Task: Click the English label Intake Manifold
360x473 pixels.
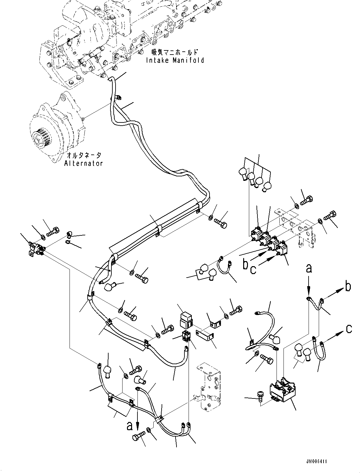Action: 175,60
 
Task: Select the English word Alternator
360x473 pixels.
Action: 83,163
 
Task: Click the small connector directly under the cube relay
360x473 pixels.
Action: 186,335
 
